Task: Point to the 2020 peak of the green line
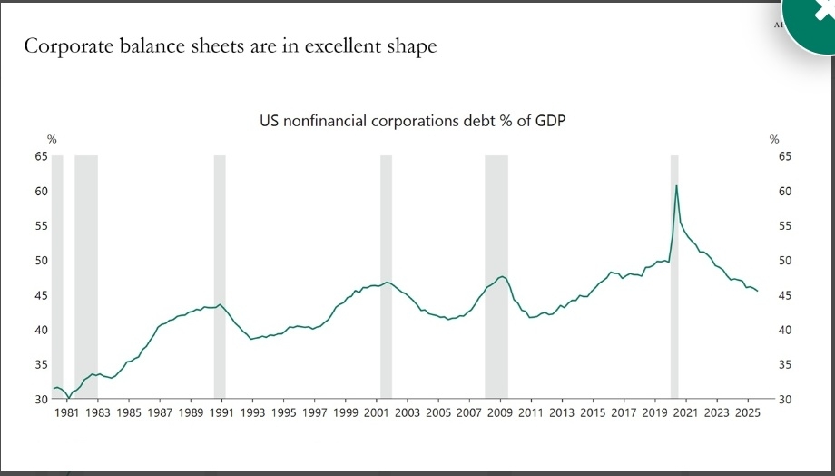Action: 676,185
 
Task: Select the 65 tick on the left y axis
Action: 40,156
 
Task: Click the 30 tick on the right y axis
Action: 785,400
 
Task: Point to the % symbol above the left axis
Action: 52,139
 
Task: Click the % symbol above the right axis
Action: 774,139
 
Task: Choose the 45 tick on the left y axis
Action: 40,295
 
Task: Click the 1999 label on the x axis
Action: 346,413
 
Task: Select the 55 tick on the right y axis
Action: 785,226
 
